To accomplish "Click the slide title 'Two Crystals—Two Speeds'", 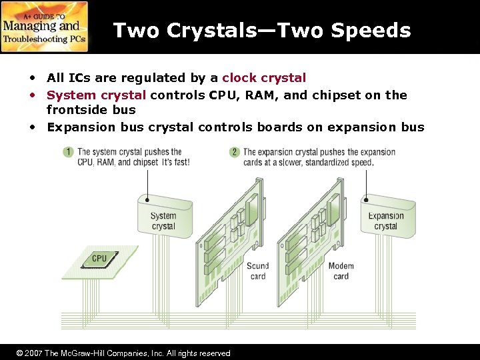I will click(x=261, y=31).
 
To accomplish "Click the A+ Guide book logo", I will click(x=45, y=27).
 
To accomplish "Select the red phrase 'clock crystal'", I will click(x=264, y=78).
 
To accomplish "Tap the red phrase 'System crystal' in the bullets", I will click(x=97, y=95).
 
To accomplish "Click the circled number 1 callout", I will click(x=68, y=153).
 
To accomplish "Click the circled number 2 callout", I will click(x=234, y=153).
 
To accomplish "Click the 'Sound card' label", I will click(x=257, y=271).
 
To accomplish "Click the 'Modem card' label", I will click(x=341, y=271).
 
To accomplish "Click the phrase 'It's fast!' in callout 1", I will click(x=176, y=163).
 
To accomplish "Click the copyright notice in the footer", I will click(x=123, y=353).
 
